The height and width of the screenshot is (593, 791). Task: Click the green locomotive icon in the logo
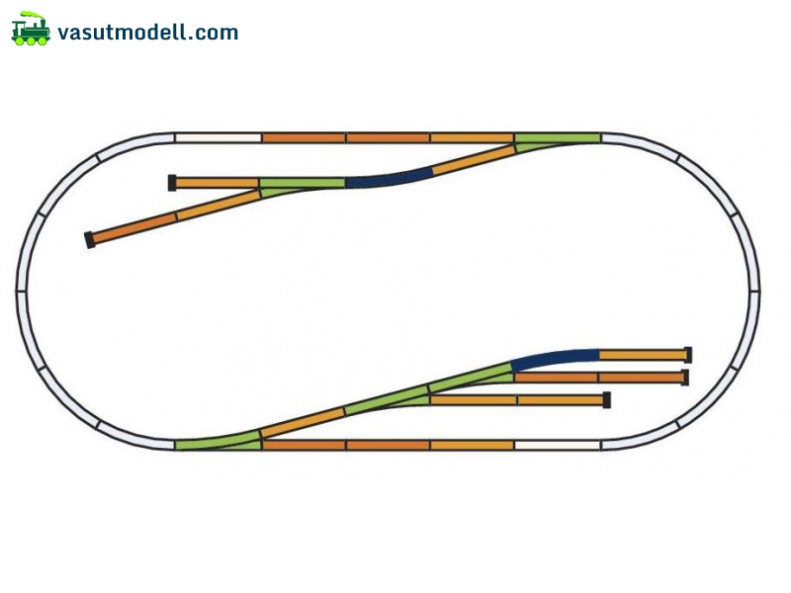31,29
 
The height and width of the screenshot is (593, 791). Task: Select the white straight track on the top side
218,137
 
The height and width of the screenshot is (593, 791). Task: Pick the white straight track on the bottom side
558,445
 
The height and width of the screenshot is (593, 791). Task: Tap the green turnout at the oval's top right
558,140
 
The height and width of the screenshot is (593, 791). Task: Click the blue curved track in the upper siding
389,179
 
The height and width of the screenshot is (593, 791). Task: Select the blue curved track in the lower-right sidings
555,357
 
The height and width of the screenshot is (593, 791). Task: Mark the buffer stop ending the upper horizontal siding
172,183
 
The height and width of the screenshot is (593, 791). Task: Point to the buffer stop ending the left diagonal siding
90,240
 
